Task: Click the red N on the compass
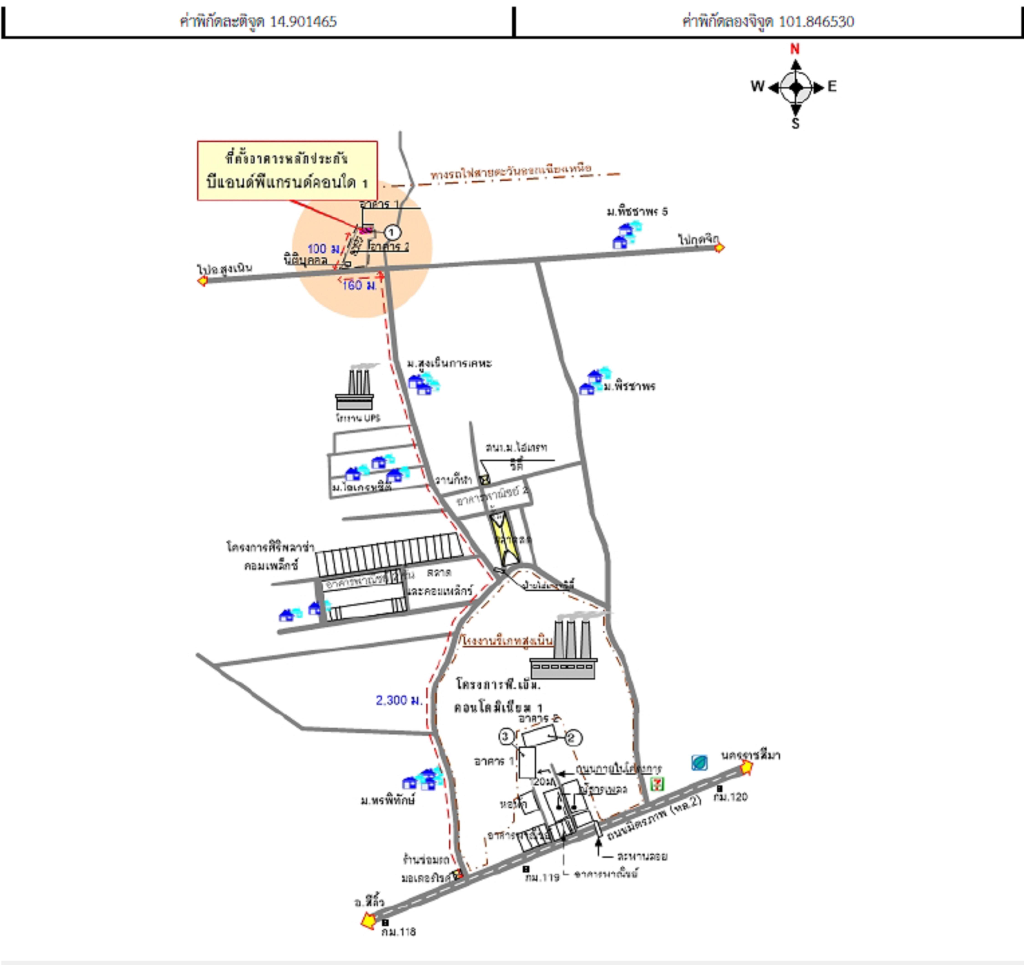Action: [x=795, y=49]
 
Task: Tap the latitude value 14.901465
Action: [x=303, y=22]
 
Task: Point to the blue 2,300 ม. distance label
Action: [x=399, y=700]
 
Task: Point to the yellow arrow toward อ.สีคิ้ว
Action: [x=368, y=920]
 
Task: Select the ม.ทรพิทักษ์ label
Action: [x=387, y=801]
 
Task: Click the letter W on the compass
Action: [x=757, y=86]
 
